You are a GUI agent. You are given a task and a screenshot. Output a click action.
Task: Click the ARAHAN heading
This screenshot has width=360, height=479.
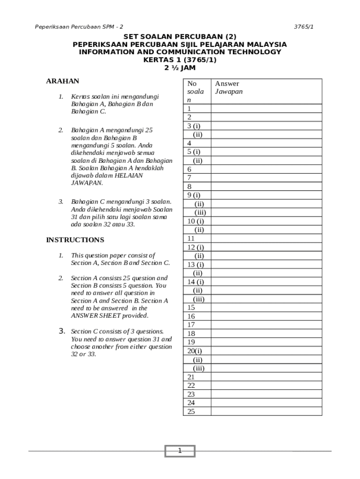point(63,81)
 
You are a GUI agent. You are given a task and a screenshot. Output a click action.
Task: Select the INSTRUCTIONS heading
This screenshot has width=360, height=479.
point(75,239)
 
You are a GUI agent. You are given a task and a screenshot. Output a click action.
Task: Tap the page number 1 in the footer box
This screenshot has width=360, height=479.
point(180,451)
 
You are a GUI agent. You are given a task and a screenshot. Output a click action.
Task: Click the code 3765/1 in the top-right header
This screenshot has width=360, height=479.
point(303,27)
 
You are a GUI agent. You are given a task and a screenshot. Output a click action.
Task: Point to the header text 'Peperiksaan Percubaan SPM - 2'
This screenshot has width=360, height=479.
point(79,27)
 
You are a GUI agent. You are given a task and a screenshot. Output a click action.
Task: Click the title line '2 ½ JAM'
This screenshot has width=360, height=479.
point(180,67)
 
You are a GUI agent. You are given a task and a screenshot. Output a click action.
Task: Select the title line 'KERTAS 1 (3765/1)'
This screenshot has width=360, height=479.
point(180,60)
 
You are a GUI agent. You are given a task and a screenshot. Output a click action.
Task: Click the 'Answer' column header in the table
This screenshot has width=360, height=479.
point(227,84)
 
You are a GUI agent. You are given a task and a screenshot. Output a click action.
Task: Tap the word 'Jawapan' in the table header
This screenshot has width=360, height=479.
point(229,92)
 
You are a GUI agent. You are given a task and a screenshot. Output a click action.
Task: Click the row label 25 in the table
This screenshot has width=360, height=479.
point(191,412)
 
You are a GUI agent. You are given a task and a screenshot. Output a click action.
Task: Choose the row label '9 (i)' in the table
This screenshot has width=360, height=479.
point(194,195)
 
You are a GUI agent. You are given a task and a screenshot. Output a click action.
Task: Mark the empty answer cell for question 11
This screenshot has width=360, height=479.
point(266,239)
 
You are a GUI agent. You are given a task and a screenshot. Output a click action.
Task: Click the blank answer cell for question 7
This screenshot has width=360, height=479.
point(266,178)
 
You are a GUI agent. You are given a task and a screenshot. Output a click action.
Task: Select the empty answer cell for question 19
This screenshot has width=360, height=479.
point(266,342)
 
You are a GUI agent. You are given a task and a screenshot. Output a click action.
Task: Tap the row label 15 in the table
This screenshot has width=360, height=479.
point(191,308)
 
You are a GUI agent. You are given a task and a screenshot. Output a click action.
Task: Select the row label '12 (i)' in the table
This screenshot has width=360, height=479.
point(195,247)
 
